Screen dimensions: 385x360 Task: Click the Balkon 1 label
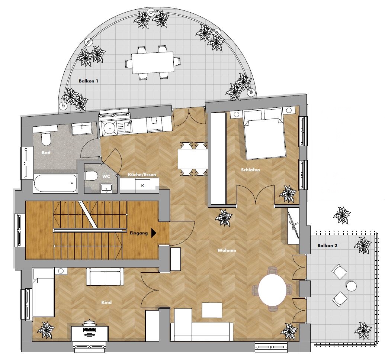(89, 81)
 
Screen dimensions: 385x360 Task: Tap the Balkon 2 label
(327, 246)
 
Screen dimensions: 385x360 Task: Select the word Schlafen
(250, 170)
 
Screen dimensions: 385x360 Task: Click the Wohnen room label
(227, 250)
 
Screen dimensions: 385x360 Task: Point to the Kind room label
(106, 302)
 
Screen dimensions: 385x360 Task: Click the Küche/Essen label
(142, 175)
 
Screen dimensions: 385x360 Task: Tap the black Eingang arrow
(154, 233)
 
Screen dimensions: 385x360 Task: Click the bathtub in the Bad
(55, 183)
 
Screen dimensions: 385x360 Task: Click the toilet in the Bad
(46, 139)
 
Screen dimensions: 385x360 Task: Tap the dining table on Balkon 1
(152, 62)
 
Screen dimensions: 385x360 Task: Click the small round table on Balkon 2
(352, 286)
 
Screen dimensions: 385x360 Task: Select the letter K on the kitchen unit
(143, 186)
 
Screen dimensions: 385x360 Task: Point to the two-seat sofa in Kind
(105, 277)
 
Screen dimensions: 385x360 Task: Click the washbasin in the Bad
(82, 129)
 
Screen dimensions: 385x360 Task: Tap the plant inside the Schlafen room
(288, 194)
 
